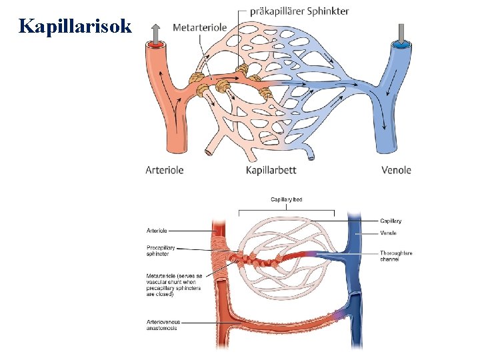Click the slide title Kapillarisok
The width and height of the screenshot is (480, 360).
76,27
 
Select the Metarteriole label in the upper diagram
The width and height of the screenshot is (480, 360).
199,27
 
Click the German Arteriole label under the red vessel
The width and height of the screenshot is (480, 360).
164,170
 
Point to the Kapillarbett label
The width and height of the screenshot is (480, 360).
271,170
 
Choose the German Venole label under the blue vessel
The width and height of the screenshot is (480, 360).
396,170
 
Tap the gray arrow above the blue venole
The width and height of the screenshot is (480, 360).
402,31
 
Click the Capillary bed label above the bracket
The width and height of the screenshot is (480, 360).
287,199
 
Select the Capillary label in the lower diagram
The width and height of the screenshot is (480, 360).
391,221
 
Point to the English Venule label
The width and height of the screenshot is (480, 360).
389,233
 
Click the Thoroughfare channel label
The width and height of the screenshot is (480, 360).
396,256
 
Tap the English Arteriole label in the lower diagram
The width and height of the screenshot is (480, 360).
157,231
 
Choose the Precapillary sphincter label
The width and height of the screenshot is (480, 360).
161,251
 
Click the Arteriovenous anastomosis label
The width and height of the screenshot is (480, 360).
163,325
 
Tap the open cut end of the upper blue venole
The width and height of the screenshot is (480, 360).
401,45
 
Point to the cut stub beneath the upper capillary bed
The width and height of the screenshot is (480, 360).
209,152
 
